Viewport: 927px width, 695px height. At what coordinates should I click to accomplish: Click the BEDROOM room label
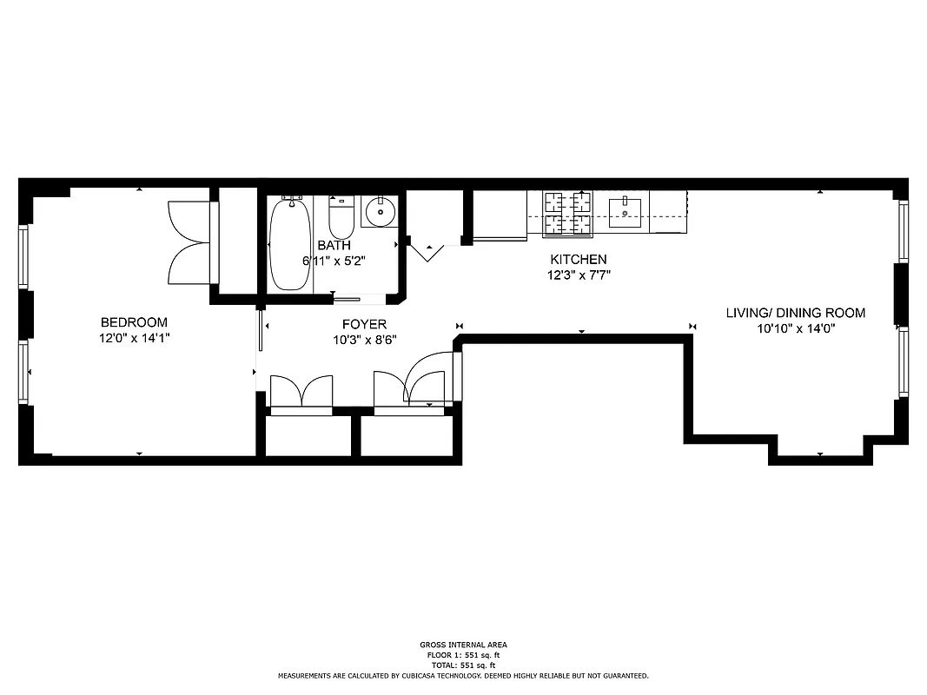point(134,322)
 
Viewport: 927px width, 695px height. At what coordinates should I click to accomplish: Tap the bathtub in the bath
point(288,244)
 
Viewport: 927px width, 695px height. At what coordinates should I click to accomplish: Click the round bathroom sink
point(380,211)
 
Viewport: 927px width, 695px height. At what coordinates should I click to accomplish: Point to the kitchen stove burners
point(567,213)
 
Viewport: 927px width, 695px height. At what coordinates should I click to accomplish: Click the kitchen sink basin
point(625,211)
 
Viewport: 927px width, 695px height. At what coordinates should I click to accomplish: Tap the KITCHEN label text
point(578,260)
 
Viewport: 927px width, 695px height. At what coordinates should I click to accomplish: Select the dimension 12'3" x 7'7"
point(578,275)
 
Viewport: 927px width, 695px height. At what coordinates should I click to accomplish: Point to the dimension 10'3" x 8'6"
point(364,340)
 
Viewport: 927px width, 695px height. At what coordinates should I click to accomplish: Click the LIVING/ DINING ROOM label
point(796,314)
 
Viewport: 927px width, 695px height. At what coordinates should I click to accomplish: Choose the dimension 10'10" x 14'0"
point(796,328)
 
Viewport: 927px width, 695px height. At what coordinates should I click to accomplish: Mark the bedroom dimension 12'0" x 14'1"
point(134,337)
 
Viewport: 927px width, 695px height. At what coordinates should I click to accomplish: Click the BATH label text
point(334,246)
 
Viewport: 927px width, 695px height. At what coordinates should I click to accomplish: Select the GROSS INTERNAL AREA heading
point(463,645)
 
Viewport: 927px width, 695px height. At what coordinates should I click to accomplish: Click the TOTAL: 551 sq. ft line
point(463,665)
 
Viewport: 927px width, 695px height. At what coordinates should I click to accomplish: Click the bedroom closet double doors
point(189,242)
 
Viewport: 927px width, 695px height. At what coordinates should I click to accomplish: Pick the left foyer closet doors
point(301,392)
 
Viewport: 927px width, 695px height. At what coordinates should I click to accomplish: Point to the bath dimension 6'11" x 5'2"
point(334,261)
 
